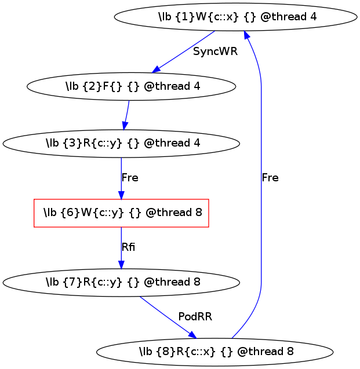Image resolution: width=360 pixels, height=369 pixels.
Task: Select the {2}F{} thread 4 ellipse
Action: [132, 86]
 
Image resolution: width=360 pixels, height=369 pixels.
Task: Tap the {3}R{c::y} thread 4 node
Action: [121, 143]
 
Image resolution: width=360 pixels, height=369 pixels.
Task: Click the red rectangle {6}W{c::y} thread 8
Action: [121, 213]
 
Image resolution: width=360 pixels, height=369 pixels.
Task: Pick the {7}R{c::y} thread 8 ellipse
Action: [121, 283]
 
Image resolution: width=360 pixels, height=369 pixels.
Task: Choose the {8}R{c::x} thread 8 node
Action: [214, 352]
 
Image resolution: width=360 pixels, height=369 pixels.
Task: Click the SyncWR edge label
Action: [215, 52]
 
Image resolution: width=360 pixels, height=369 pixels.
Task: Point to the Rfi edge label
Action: [128, 247]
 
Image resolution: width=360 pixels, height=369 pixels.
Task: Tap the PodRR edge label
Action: [195, 317]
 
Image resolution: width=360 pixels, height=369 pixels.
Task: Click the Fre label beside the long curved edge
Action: [270, 178]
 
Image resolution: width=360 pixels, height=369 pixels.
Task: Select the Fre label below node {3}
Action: [130, 178]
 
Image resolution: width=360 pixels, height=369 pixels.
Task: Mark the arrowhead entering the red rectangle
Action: [121, 195]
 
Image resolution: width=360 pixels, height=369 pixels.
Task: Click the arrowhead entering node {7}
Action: [121, 265]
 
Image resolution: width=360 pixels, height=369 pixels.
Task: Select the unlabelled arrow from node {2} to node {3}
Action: [126, 115]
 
